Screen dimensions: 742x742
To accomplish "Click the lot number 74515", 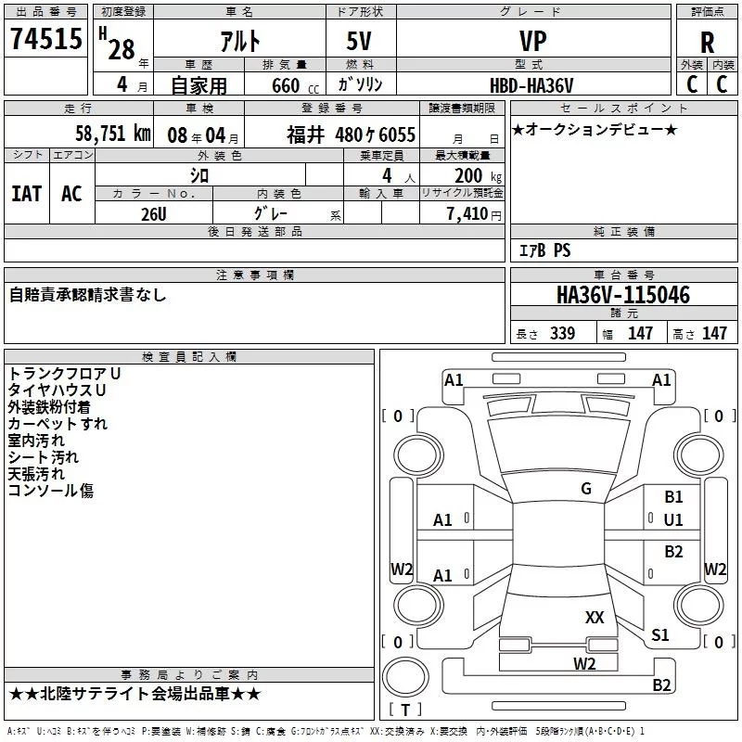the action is [45, 40].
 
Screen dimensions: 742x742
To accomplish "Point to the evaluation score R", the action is [708, 43].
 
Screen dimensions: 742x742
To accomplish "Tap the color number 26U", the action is [154, 213].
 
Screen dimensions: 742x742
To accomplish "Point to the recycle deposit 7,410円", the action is [473, 214].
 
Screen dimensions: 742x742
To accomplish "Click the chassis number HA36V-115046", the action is [622, 295].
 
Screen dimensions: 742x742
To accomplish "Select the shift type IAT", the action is [26, 194].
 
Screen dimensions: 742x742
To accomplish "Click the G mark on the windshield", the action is [586, 489].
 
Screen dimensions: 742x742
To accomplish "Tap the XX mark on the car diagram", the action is [595, 617].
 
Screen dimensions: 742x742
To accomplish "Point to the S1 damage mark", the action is [659, 635].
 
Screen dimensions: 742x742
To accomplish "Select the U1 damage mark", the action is [673, 519].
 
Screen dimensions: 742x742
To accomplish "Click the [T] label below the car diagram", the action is [404, 710].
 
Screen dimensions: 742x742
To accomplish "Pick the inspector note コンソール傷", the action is [51, 491].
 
